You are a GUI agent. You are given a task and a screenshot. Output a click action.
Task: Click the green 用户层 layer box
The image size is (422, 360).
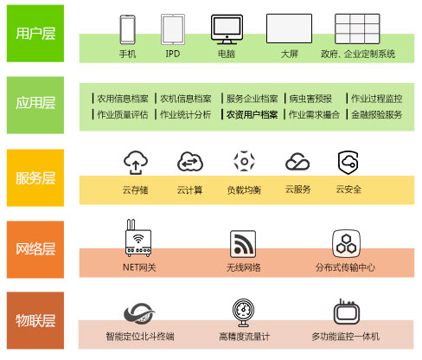[35, 34]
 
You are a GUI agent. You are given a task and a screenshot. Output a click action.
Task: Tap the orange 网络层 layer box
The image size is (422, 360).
[35, 249]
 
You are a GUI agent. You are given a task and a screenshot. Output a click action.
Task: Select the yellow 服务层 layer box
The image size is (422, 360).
[35, 177]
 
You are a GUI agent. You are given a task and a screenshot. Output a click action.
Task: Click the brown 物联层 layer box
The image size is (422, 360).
[35, 320]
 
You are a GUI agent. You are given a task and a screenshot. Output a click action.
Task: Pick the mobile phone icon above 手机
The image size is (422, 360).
[127, 29]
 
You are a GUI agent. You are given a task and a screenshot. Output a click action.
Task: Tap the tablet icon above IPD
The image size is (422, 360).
[173, 29]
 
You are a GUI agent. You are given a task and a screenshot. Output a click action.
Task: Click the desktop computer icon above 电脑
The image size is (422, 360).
[227, 29]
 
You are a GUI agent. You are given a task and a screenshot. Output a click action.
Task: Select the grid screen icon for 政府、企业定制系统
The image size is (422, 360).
[357, 29]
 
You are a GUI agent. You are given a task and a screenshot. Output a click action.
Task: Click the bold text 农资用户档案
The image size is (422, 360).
[252, 115]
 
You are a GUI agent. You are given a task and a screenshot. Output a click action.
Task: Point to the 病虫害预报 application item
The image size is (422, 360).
[310, 99]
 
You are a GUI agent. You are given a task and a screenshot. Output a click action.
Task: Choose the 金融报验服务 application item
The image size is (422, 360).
[376, 115]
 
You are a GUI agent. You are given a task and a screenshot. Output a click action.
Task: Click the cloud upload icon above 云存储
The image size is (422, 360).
[136, 163]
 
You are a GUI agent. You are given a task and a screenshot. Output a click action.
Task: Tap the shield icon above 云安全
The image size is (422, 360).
[348, 163]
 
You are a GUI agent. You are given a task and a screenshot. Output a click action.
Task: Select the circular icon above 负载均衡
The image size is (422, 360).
[244, 161]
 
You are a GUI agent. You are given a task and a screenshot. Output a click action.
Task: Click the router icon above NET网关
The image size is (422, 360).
[138, 238]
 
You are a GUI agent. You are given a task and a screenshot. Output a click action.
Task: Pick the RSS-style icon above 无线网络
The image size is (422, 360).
[243, 244]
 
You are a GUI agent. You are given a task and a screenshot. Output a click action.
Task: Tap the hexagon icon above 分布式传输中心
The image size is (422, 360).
[346, 244]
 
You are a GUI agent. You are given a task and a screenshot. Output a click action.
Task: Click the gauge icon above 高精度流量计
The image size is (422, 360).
[244, 313]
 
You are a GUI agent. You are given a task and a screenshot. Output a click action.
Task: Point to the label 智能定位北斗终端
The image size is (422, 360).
[140, 337]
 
